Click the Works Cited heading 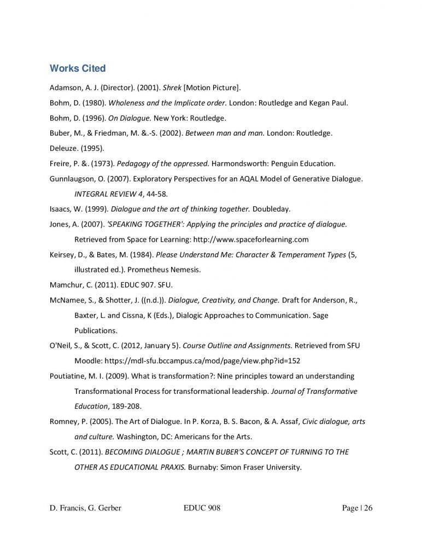[77, 68]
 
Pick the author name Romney [65, 422]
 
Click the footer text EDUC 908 [202, 509]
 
